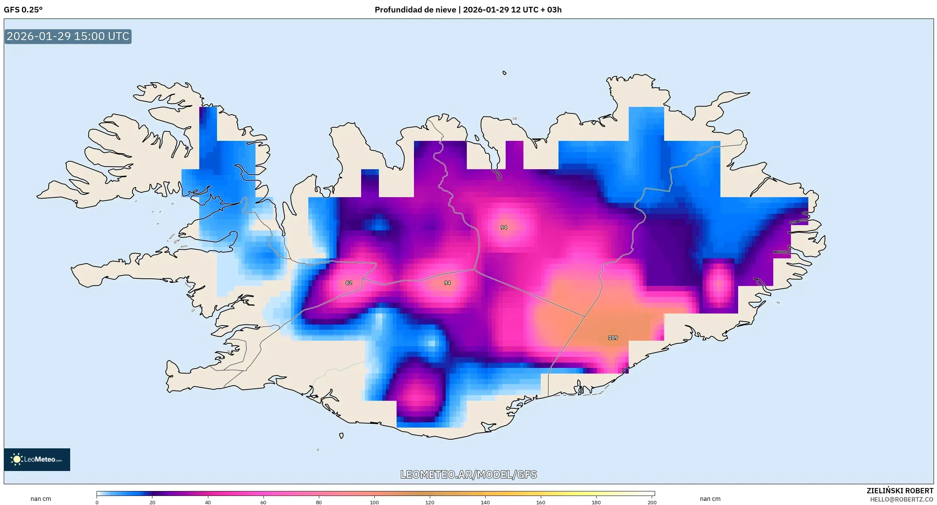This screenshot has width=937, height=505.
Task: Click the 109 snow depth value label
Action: pos(613,338)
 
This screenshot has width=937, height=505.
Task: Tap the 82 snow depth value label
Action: pos(349,283)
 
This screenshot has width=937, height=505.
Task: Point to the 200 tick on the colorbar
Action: pos(652,502)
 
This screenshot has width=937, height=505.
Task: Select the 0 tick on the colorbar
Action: pos(97,502)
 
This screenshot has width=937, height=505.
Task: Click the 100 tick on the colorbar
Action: pos(374,502)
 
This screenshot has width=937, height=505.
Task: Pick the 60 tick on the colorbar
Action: pos(263,502)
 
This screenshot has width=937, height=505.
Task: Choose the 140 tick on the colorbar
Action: pos(485,502)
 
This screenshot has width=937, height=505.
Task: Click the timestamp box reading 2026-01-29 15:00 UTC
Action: pos(68,36)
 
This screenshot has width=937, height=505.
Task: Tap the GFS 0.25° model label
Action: pos(23,10)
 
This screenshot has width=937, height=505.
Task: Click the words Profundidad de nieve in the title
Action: pos(415,10)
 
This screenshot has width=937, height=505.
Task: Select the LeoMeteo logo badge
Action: pos(37,459)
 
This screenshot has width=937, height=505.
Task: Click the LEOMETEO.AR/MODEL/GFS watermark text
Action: pos(468,474)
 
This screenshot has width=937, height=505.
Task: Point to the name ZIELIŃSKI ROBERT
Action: pos(900,491)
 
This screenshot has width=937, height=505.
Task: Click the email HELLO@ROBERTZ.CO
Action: pos(902,499)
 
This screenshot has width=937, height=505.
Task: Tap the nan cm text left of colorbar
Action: pos(41,499)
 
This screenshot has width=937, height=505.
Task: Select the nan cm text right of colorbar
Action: pos(710,499)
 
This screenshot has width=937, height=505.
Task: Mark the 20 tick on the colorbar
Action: pos(152,502)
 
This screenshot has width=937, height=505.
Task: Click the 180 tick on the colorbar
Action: pos(596,502)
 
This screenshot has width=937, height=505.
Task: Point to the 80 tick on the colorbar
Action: pos(319,502)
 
